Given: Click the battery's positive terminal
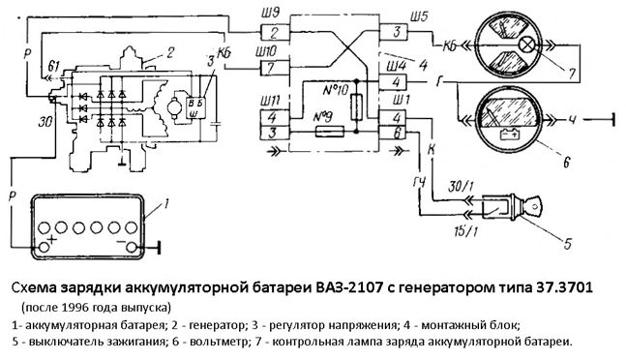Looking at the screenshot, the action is tap(44, 248).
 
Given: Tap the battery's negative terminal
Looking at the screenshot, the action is tap(132, 248).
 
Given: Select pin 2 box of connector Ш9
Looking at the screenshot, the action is tap(275, 32).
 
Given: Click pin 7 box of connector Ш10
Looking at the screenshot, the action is tap(275, 68).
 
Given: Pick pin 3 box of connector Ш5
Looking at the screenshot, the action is tap(394, 32).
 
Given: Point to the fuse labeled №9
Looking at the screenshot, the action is tap(329, 132).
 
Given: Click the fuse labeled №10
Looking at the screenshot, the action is tap(357, 107).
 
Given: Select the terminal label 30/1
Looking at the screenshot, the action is tap(458, 187).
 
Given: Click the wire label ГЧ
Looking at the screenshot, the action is tap(418, 183).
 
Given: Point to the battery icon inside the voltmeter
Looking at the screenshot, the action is tap(509, 135).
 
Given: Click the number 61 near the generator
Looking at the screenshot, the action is tap(53, 66).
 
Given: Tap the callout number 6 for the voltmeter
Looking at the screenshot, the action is tap(566, 162).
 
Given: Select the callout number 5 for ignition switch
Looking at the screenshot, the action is tap(567, 243).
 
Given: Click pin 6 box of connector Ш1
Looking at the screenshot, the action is tap(393, 133).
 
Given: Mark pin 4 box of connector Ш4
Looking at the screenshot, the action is tap(394, 82).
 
